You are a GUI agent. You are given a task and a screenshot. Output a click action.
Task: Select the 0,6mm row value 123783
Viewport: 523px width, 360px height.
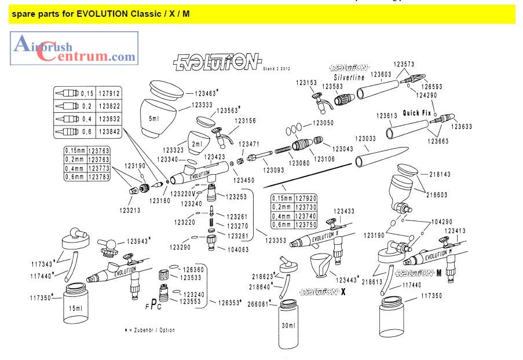(97, 177)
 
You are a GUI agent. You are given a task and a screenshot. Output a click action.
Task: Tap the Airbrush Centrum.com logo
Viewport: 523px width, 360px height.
(74, 47)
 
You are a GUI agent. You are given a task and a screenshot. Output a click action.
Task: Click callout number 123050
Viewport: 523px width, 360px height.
(324, 123)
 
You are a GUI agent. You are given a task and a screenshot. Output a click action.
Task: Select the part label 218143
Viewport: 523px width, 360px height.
(444, 173)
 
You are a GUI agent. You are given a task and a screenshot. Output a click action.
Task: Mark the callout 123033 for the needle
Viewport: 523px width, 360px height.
(366, 139)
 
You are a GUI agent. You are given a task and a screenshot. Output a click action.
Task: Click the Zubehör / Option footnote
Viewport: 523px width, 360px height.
(149, 330)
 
